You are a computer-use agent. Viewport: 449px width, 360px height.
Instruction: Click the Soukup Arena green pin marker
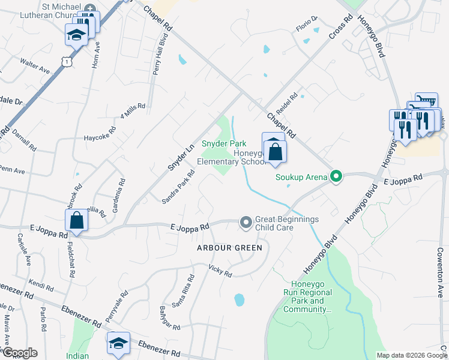(337, 176)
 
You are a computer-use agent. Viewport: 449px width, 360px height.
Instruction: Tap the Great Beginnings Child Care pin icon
(246, 223)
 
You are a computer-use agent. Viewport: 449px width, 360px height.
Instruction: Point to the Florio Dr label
(306, 27)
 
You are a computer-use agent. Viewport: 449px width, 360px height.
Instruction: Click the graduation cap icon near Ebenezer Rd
(118, 343)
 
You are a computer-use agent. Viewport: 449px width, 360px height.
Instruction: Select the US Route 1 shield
(65, 61)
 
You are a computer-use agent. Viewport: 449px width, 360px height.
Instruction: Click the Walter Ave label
(35, 65)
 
